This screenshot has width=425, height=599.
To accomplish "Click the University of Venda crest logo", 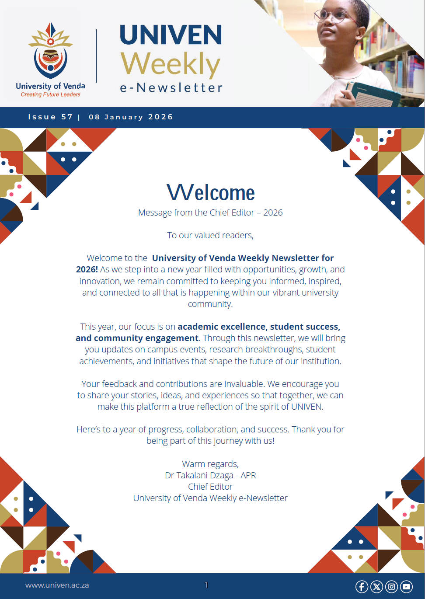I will (51, 52).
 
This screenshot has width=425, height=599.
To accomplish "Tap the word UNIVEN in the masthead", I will (171, 35).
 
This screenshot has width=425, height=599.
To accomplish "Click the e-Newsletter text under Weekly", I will (171, 88).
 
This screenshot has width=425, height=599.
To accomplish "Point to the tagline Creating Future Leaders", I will (51, 94).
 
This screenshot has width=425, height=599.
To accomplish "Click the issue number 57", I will (67, 117).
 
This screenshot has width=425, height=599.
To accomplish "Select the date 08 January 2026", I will (131, 117).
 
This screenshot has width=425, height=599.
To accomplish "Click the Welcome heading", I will (211, 193).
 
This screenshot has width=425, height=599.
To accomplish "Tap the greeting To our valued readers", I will (210, 235).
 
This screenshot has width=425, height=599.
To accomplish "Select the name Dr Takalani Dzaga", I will (199, 475).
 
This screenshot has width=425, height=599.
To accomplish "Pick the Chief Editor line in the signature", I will (210, 487).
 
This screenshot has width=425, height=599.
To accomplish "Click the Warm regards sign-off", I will (210, 464).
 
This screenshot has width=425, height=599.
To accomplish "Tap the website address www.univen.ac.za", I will (57, 585).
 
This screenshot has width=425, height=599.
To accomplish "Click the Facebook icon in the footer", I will (362, 586).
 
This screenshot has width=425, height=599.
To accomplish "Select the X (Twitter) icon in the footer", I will (376, 586).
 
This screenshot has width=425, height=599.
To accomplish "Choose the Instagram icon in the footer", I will (391, 586).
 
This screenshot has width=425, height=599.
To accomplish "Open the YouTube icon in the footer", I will (406, 586).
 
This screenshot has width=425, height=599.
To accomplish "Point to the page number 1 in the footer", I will (206, 585).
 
